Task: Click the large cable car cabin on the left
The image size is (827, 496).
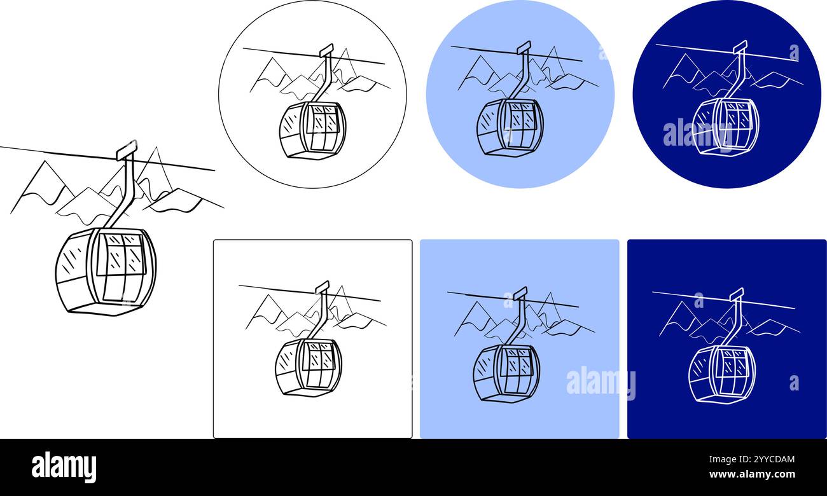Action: pos(106,271)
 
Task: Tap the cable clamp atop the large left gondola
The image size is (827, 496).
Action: pos(127,150)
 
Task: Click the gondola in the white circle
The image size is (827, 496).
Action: pos(312,130)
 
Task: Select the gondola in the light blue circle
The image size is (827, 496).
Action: pos(510,127)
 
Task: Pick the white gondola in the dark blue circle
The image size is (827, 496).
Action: pos(725,127)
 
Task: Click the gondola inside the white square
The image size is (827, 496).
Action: pos(309,367)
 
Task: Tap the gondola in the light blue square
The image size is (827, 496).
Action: pos(506,373)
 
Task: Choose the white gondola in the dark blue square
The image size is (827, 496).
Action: pos(721,373)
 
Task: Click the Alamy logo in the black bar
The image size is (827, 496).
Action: pos(64,467)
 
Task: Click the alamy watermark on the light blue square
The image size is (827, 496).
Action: pos(600,382)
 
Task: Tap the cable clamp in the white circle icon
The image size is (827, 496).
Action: pos(326,50)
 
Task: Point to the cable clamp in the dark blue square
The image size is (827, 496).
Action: pos(737,294)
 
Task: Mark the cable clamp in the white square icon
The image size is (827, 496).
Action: pos(323,287)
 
